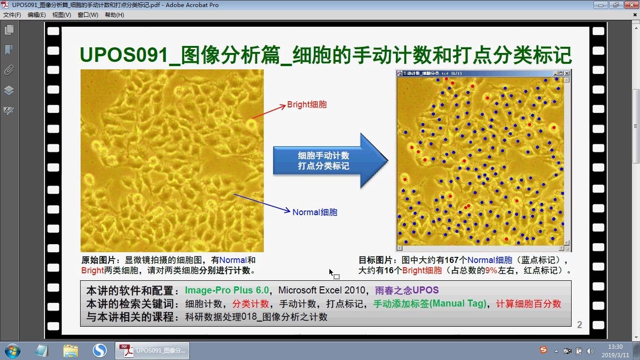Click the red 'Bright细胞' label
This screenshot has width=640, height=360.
tap(307, 105)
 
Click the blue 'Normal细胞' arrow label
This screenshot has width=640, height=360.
tap(315, 212)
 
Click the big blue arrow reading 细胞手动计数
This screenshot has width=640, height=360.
tap(328, 161)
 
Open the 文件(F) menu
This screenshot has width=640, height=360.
tap(12, 15)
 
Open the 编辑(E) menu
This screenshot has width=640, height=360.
tap(37, 15)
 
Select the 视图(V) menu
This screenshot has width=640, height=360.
tap(62, 15)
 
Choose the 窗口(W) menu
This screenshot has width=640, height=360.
tap(88, 15)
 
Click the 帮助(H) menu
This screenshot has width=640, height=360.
tap(114, 15)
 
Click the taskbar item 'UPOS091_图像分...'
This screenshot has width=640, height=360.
tap(152, 351)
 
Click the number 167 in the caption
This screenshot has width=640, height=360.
tap(451, 260)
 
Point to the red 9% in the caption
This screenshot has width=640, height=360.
tap(491, 270)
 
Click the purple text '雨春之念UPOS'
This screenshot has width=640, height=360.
tap(407, 290)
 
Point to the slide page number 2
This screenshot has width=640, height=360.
tap(580, 325)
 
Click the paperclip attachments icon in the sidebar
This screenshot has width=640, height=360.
tap(9, 70)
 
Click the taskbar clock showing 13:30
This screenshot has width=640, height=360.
tap(615, 347)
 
